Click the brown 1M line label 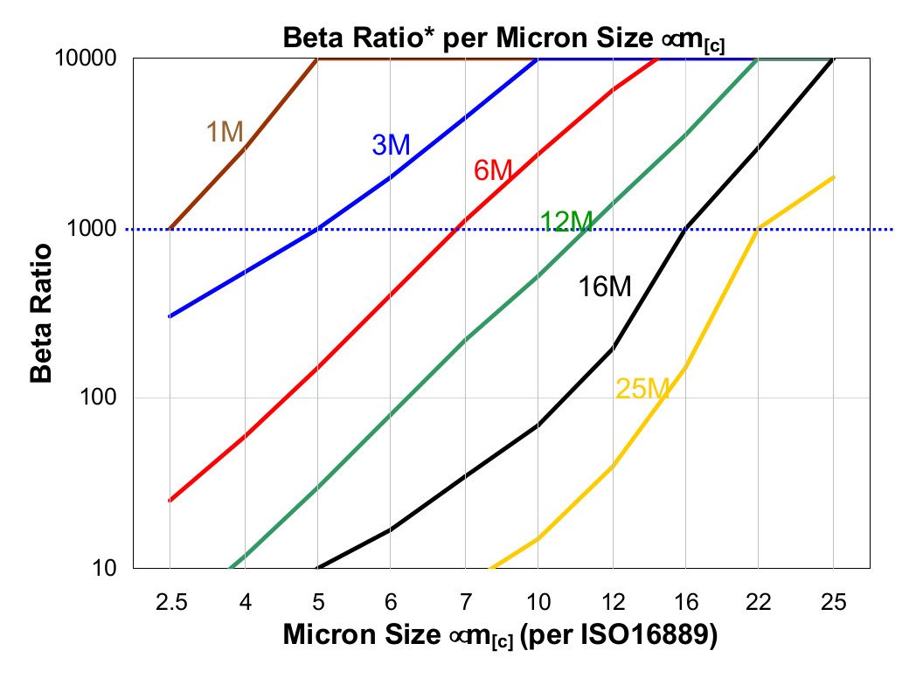(225, 132)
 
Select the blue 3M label (391, 145)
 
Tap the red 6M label (492, 170)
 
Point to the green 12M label (566, 222)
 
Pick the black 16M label (605, 286)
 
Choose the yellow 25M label (642, 389)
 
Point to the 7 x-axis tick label (466, 602)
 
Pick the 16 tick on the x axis (685, 602)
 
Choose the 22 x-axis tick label (759, 602)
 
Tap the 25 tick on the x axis (833, 602)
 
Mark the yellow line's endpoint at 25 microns (833, 177)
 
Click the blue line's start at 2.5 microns (170, 316)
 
